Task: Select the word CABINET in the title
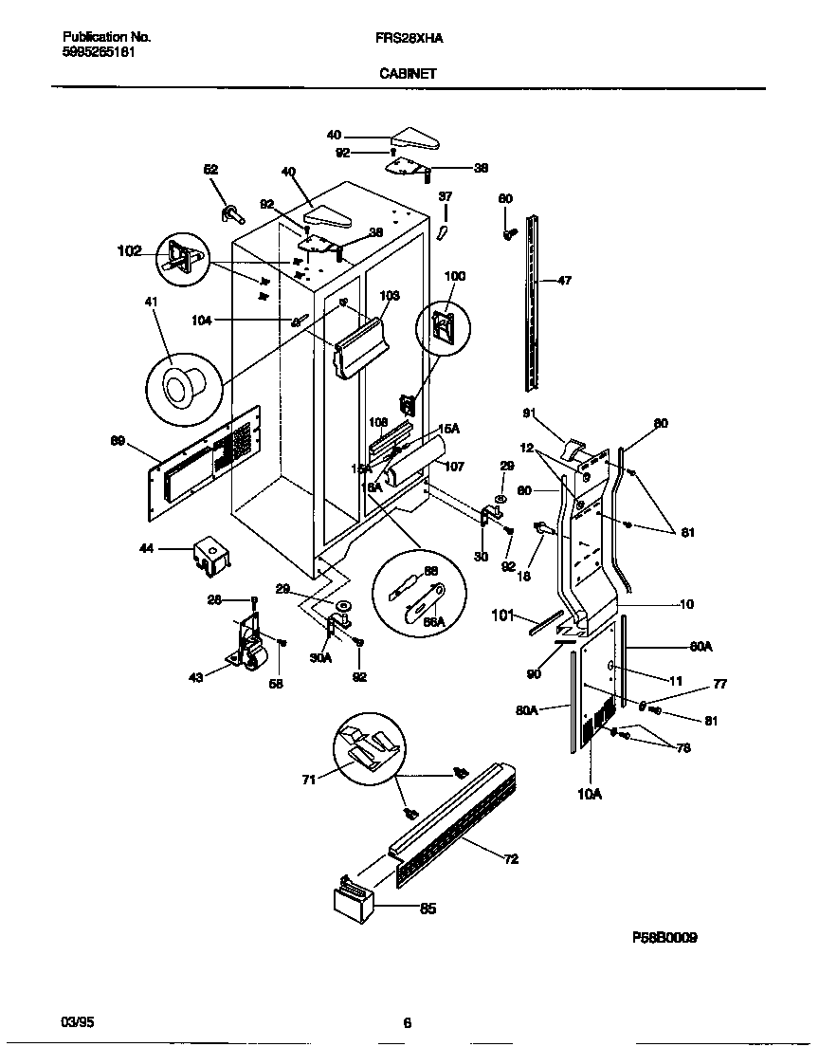(x=409, y=72)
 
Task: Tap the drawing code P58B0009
(x=664, y=937)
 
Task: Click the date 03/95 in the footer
(x=79, y=1022)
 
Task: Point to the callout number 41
(x=151, y=302)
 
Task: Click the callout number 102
(x=129, y=251)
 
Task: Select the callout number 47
(x=564, y=281)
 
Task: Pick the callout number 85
(x=428, y=909)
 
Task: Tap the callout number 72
(x=511, y=859)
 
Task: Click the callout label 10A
(x=589, y=794)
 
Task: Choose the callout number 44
(x=147, y=548)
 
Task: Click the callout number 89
(x=118, y=440)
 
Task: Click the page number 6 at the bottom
(x=407, y=1022)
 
